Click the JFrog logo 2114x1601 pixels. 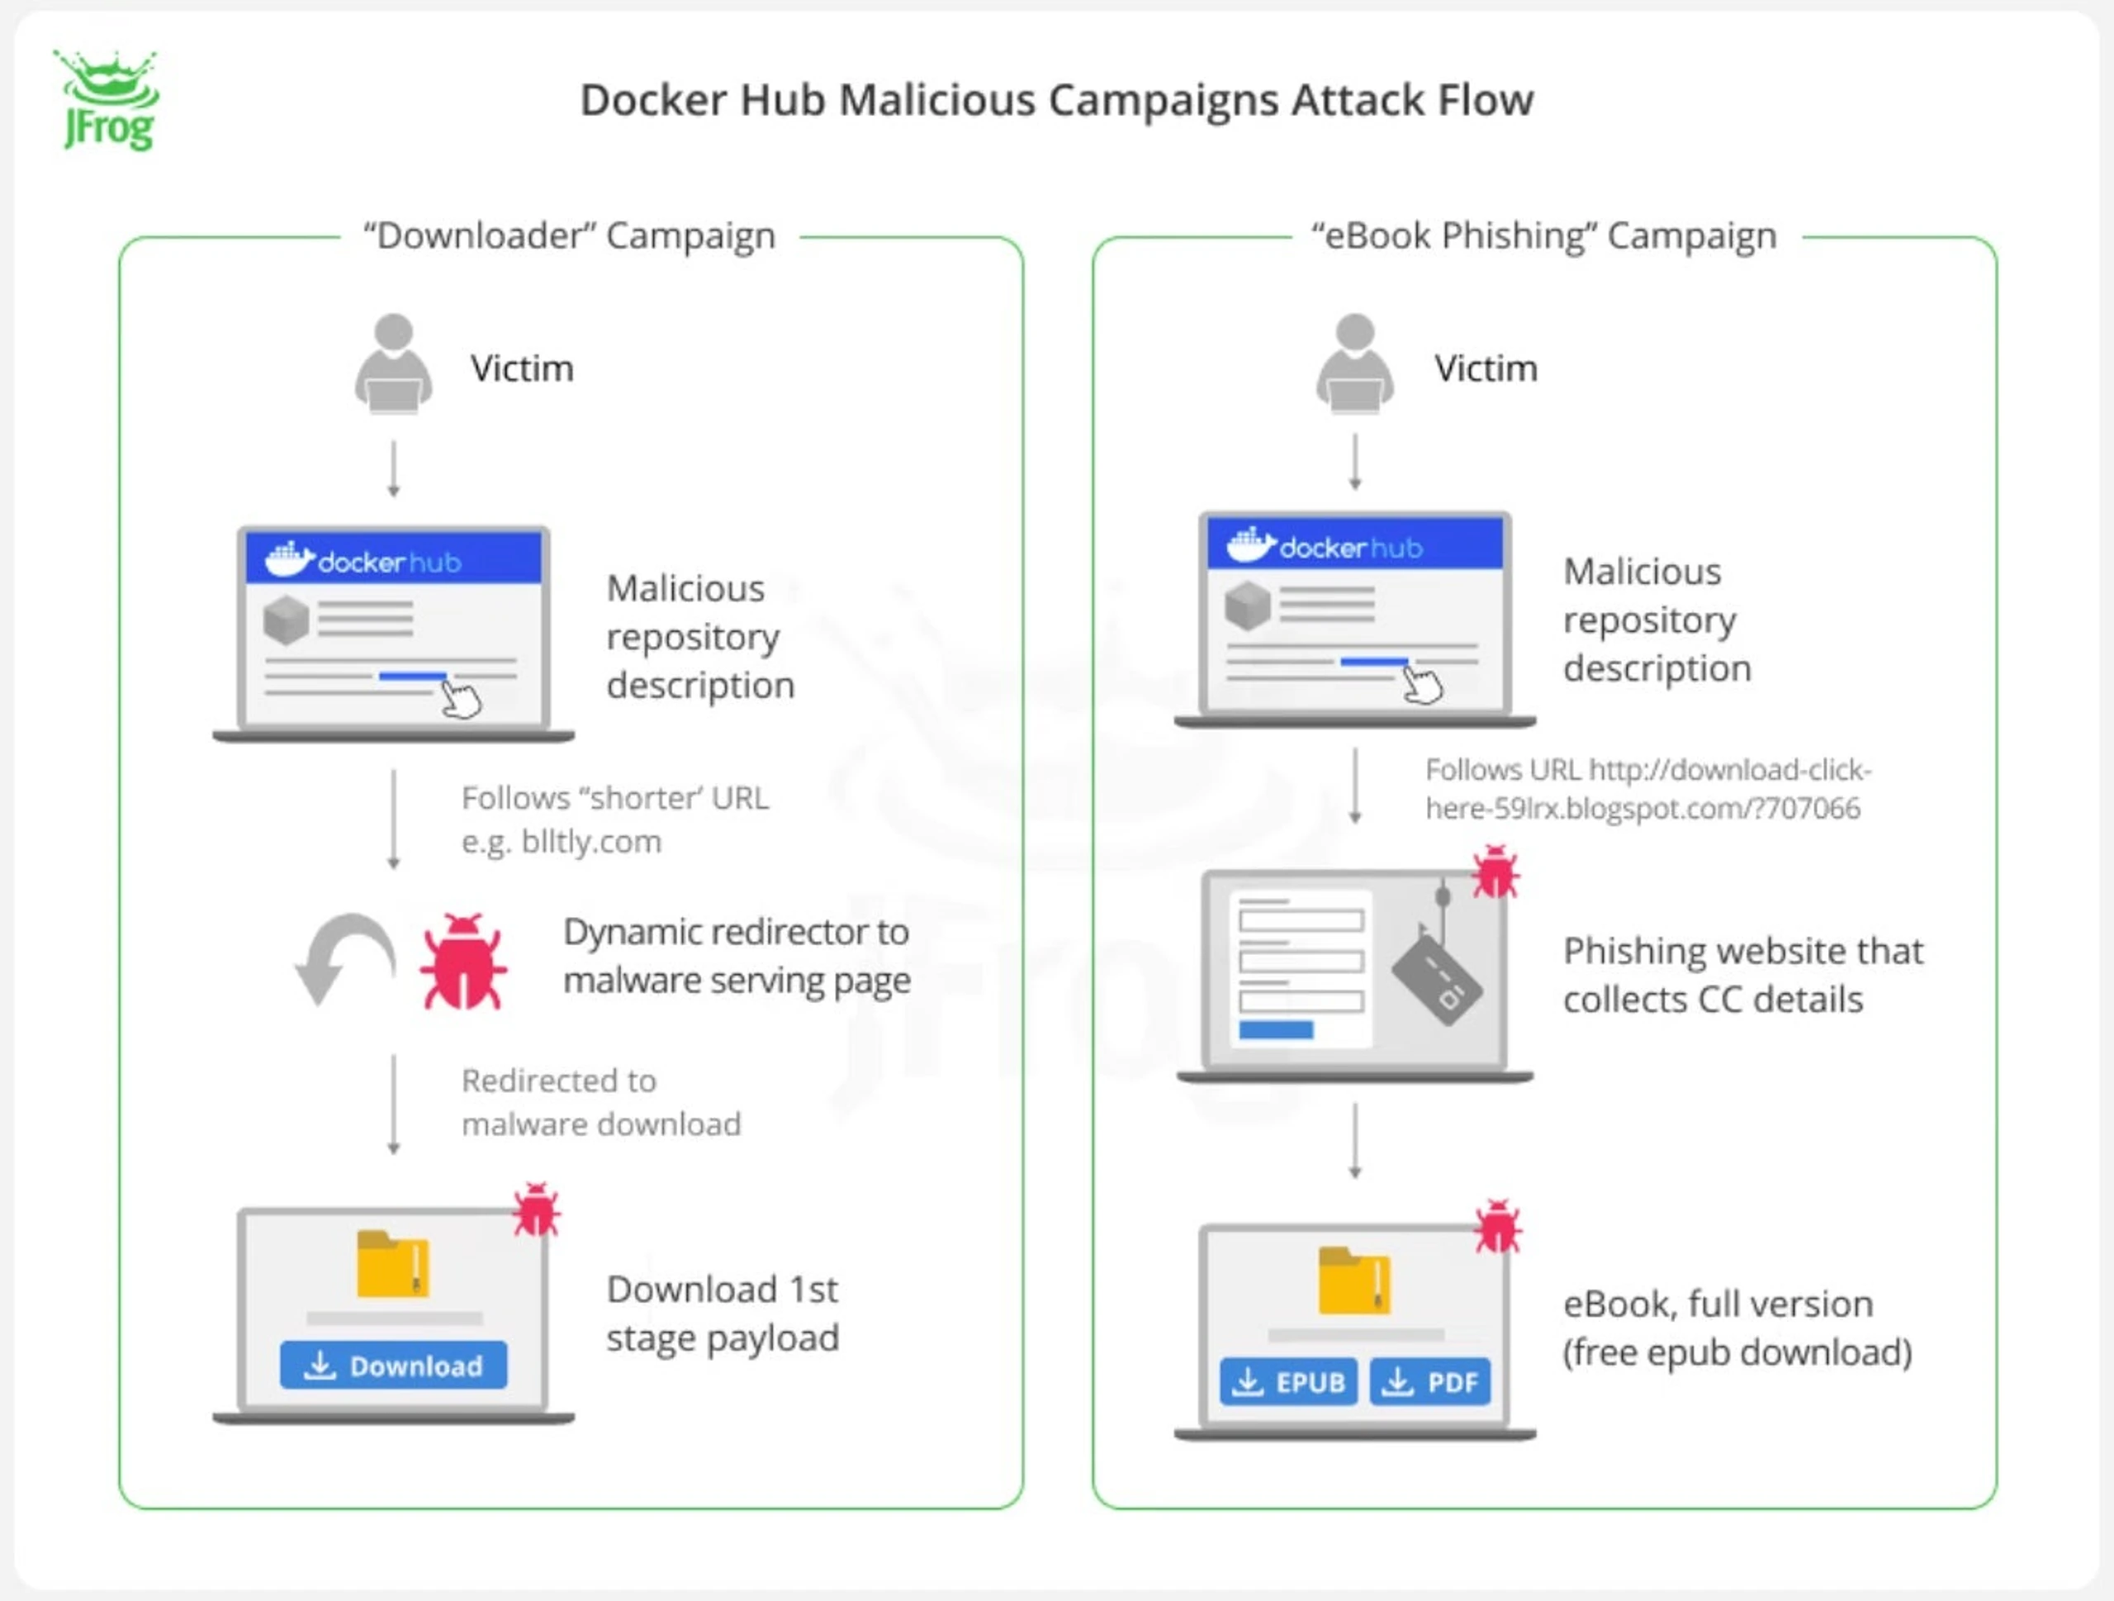coord(106,100)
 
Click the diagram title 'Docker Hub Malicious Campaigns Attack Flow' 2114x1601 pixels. coord(1057,100)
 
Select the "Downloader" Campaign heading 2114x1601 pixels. coord(570,236)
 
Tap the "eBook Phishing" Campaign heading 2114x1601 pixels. coord(1544,236)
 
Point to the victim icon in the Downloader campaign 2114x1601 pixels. coord(394,363)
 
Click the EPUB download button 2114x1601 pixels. coord(1288,1382)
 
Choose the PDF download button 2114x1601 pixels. coord(1429,1382)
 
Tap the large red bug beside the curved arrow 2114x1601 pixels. coord(463,962)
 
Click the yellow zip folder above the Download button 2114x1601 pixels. coord(393,1265)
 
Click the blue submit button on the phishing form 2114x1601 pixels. coord(1276,1029)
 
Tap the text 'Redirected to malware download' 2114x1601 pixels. coord(601,1102)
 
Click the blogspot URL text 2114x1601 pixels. coord(1647,790)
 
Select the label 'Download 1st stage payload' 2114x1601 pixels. coord(723,1314)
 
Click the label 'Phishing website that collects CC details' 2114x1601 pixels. coord(1743,975)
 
